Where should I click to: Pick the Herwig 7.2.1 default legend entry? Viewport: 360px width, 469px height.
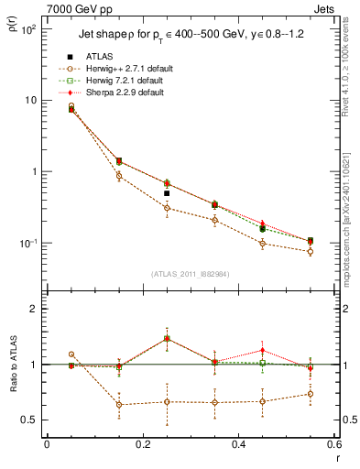pyautogui.click(x=137, y=82)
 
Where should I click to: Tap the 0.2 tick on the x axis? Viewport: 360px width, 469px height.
pyautogui.click(x=142, y=444)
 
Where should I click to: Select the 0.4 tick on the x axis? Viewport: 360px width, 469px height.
pyautogui.click(x=237, y=444)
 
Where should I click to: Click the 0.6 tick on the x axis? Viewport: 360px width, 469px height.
pyautogui.click(x=333, y=444)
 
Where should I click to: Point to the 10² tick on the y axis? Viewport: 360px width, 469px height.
pyautogui.click(x=29, y=29)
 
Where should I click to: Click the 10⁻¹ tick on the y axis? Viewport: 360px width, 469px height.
pyautogui.click(x=29, y=243)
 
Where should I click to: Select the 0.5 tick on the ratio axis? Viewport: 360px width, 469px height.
pyautogui.click(x=31, y=420)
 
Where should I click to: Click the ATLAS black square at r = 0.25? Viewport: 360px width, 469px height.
pyautogui.click(x=167, y=193)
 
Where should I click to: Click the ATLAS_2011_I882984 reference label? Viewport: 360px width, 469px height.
pyautogui.click(x=190, y=275)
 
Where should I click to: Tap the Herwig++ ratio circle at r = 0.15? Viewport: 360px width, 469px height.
pyautogui.click(x=119, y=405)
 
